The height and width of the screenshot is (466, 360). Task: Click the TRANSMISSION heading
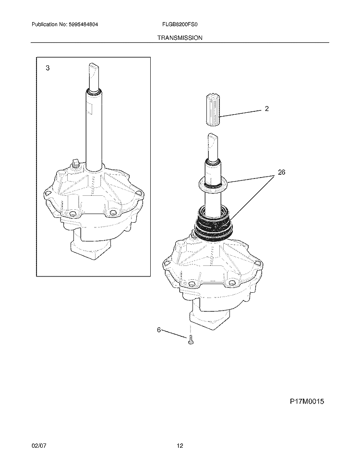point(180,38)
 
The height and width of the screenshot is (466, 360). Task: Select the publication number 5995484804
point(80,24)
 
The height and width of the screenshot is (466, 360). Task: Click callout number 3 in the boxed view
point(48,68)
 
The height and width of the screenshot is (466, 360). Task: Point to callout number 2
point(267,109)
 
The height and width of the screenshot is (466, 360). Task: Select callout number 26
point(281,172)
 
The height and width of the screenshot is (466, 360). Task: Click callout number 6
point(159,330)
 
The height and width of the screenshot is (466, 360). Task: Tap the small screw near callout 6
point(190,340)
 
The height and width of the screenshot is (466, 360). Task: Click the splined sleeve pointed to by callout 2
point(213,109)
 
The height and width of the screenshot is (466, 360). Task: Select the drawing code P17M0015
point(307,402)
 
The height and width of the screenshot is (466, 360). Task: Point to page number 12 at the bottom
point(180,446)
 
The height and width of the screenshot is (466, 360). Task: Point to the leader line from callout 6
point(174,334)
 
